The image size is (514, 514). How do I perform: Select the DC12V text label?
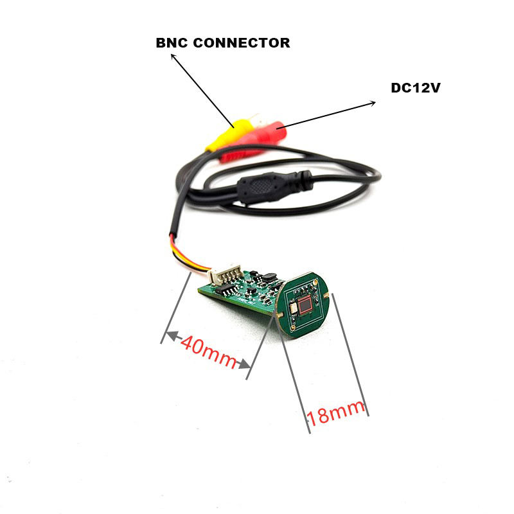coord(415,87)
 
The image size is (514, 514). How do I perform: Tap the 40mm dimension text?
coord(209,351)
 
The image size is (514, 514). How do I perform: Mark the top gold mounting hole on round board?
coord(316,283)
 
